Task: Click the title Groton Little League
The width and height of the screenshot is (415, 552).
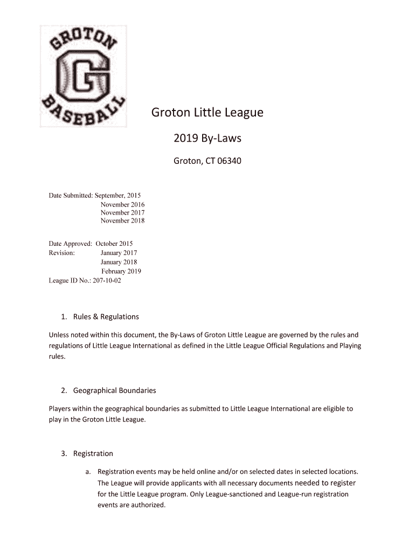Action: (207, 113)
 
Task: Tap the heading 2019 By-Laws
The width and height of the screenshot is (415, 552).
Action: (207, 139)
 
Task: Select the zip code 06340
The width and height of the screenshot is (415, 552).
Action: (229, 161)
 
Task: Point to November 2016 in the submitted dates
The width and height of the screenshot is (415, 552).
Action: (122, 204)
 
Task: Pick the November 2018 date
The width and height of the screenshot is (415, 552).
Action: (122, 220)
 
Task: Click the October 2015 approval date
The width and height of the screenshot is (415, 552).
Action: (114, 244)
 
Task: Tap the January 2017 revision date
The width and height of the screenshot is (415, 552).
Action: (119, 253)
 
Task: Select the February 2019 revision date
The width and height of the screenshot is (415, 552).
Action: (121, 271)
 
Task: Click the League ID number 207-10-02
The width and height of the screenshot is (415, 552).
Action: (107, 280)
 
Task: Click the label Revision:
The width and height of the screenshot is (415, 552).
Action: (62, 253)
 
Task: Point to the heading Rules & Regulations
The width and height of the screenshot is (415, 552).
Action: (106, 316)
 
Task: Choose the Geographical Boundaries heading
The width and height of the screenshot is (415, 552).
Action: (114, 390)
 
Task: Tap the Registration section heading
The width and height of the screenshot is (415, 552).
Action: (93, 453)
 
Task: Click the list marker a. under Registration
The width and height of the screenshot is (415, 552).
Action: (88, 472)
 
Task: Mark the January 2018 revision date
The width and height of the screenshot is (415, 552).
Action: (119, 262)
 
